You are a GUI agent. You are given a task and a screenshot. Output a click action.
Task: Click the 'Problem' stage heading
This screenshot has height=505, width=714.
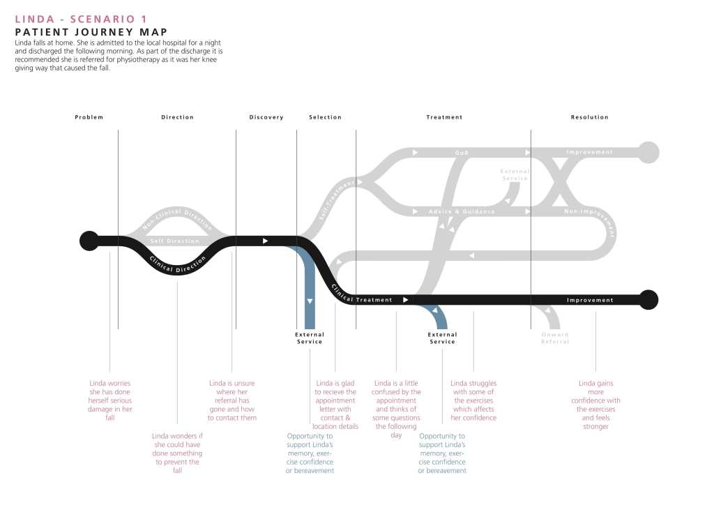click(x=89, y=117)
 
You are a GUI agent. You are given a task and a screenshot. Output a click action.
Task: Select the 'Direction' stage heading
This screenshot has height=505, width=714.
click(x=177, y=117)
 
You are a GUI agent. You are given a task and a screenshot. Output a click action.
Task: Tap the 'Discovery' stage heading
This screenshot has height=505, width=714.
click(x=266, y=117)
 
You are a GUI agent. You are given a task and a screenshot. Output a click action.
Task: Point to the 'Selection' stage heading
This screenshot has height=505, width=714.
click(x=325, y=117)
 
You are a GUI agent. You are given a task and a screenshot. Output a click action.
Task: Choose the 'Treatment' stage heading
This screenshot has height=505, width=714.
click(x=444, y=117)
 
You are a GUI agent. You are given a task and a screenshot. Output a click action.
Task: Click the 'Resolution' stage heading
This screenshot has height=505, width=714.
click(x=589, y=117)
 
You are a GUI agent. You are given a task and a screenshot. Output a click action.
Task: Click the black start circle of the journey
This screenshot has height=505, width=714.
click(x=89, y=241)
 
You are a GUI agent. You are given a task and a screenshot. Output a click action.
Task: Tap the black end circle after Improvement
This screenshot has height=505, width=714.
click(x=648, y=299)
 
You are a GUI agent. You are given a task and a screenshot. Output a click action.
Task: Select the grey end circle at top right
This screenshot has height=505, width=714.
click(x=648, y=152)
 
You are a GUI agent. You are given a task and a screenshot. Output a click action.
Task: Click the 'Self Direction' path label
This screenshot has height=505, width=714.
click(x=175, y=241)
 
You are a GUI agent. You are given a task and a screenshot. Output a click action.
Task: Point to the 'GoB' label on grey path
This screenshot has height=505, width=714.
click(x=462, y=152)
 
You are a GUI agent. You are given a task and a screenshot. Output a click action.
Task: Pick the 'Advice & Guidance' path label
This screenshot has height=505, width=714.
click(x=462, y=211)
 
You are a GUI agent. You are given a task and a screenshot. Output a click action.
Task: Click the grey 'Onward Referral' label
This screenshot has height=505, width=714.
click(x=555, y=338)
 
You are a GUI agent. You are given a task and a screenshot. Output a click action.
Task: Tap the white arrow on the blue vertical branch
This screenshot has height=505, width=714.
click(x=310, y=301)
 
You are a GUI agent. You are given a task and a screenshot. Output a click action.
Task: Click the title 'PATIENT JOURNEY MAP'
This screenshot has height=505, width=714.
click(x=91, y=32)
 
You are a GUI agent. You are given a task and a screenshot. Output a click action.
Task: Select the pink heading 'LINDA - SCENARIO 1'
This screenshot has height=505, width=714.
click(x=81, y=19)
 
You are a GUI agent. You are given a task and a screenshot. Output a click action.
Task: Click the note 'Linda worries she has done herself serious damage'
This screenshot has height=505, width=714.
click(x=110, y=400)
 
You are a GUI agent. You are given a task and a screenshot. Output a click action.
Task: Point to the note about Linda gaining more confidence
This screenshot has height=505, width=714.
click(x=595, y=405)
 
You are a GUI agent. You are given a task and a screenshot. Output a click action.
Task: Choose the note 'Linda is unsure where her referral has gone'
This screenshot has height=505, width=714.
click(x=232, y=400)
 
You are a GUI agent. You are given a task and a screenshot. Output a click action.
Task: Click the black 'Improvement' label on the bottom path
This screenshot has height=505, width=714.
click(x=590, y=300)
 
